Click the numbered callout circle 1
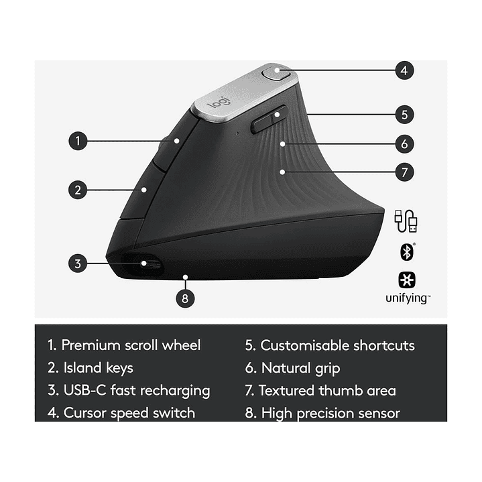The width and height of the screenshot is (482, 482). [78, 141]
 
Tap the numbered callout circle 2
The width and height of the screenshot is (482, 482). [78, 190]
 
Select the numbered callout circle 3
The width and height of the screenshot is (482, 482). [78, 263]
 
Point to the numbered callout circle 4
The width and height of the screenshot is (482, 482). [404, 70]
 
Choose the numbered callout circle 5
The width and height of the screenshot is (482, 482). [404, 114]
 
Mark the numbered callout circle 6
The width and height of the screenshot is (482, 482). [404, 143]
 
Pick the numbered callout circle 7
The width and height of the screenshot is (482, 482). [404, 172]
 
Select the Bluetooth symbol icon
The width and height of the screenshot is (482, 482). [406, 251]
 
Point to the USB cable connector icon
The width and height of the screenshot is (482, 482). [406, 221]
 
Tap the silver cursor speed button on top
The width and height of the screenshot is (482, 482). [276, 72]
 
